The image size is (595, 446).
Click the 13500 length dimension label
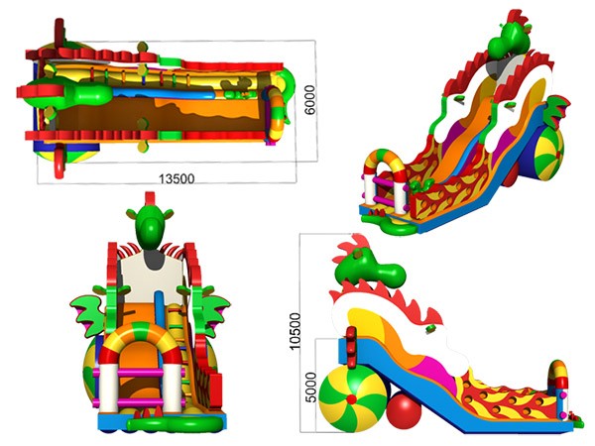(x=177, y=178)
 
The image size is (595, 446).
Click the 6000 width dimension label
(x=309, y=100)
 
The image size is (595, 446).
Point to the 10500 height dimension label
(x=295, y=331)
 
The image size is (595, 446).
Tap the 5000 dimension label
(x=310, y=388)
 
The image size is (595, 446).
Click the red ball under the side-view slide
(x=404, y=411)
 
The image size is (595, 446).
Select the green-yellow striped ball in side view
(x=352, y=399)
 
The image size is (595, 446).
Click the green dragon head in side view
(x=368, y=269)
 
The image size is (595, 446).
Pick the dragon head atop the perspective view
(x=510, y=39)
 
